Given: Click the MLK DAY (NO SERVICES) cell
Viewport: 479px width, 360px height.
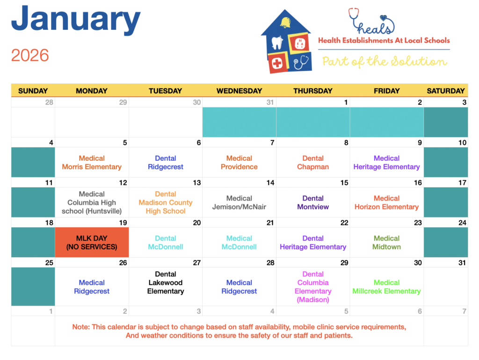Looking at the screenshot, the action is [92, 242].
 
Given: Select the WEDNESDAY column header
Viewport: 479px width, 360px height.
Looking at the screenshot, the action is [239, 91].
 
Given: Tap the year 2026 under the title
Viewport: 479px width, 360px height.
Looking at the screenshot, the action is [30, 55].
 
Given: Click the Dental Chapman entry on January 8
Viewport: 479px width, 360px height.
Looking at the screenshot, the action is [313, 162].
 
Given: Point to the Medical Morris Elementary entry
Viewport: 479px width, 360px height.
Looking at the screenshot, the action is [92, 162].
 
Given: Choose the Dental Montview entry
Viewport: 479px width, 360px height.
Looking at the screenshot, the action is [313, 202].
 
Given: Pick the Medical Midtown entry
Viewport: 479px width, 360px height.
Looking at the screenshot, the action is [386, 243].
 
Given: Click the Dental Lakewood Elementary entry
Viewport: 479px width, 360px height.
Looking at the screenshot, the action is [166, 282].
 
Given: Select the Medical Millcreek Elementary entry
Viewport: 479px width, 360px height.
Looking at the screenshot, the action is [386, 287].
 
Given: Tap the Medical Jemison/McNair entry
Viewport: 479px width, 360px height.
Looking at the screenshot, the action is [239, 202].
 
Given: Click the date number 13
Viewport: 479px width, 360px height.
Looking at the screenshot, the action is [197, 183].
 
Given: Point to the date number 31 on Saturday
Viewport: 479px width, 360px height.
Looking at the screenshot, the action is [462, 263].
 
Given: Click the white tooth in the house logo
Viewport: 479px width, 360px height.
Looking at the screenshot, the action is [277, 43].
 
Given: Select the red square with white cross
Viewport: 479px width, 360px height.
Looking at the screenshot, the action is [278, 63].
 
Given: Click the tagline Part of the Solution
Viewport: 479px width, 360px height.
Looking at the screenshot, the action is [385, 61].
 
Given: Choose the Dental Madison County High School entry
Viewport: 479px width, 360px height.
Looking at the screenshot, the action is [166, 202].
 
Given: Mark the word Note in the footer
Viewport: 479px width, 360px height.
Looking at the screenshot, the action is [81, 327].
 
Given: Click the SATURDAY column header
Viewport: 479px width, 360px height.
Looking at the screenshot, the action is [446, 91].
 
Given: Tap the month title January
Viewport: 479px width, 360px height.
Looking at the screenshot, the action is [76, 19].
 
